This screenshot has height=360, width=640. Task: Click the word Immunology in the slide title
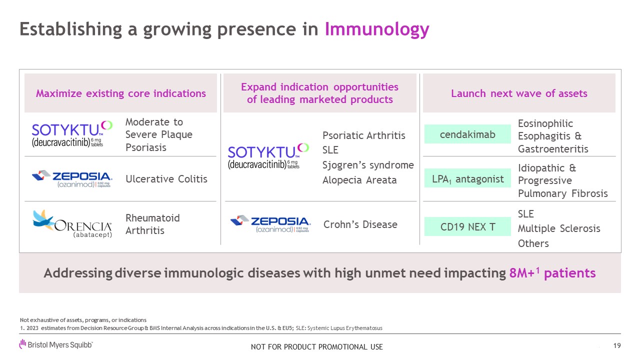point(377,29)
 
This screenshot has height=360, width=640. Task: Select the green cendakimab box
point(467,134)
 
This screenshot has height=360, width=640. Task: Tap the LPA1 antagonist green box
point(467,178)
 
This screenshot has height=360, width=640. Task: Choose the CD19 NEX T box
point(467,226)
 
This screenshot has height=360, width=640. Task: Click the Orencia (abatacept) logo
point(72,223)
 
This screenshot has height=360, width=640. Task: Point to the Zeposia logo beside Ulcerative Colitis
point(72,179)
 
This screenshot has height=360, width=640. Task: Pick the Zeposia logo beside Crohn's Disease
point(270,223)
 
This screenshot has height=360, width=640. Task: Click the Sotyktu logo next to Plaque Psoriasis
point(72,134)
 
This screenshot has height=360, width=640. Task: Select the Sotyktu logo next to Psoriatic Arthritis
point(268,156)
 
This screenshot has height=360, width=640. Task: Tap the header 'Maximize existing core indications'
point(121,93)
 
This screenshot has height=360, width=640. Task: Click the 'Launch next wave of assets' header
point(519,93)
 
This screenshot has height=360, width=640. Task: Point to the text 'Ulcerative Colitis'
point(166,179)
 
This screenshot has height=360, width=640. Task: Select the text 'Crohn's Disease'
point(360,224)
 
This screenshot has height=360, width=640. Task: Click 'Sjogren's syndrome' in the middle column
point(368,165)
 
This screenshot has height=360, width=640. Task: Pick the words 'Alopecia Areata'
point(359,180)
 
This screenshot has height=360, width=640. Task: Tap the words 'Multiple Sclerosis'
point(559,228)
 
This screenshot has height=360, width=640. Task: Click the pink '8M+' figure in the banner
point(522,273)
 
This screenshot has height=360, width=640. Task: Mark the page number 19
point(617,345)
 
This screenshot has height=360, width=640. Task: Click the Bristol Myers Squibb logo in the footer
point(56,344)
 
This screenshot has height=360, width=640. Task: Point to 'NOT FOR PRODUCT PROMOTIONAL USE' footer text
point(317,347)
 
